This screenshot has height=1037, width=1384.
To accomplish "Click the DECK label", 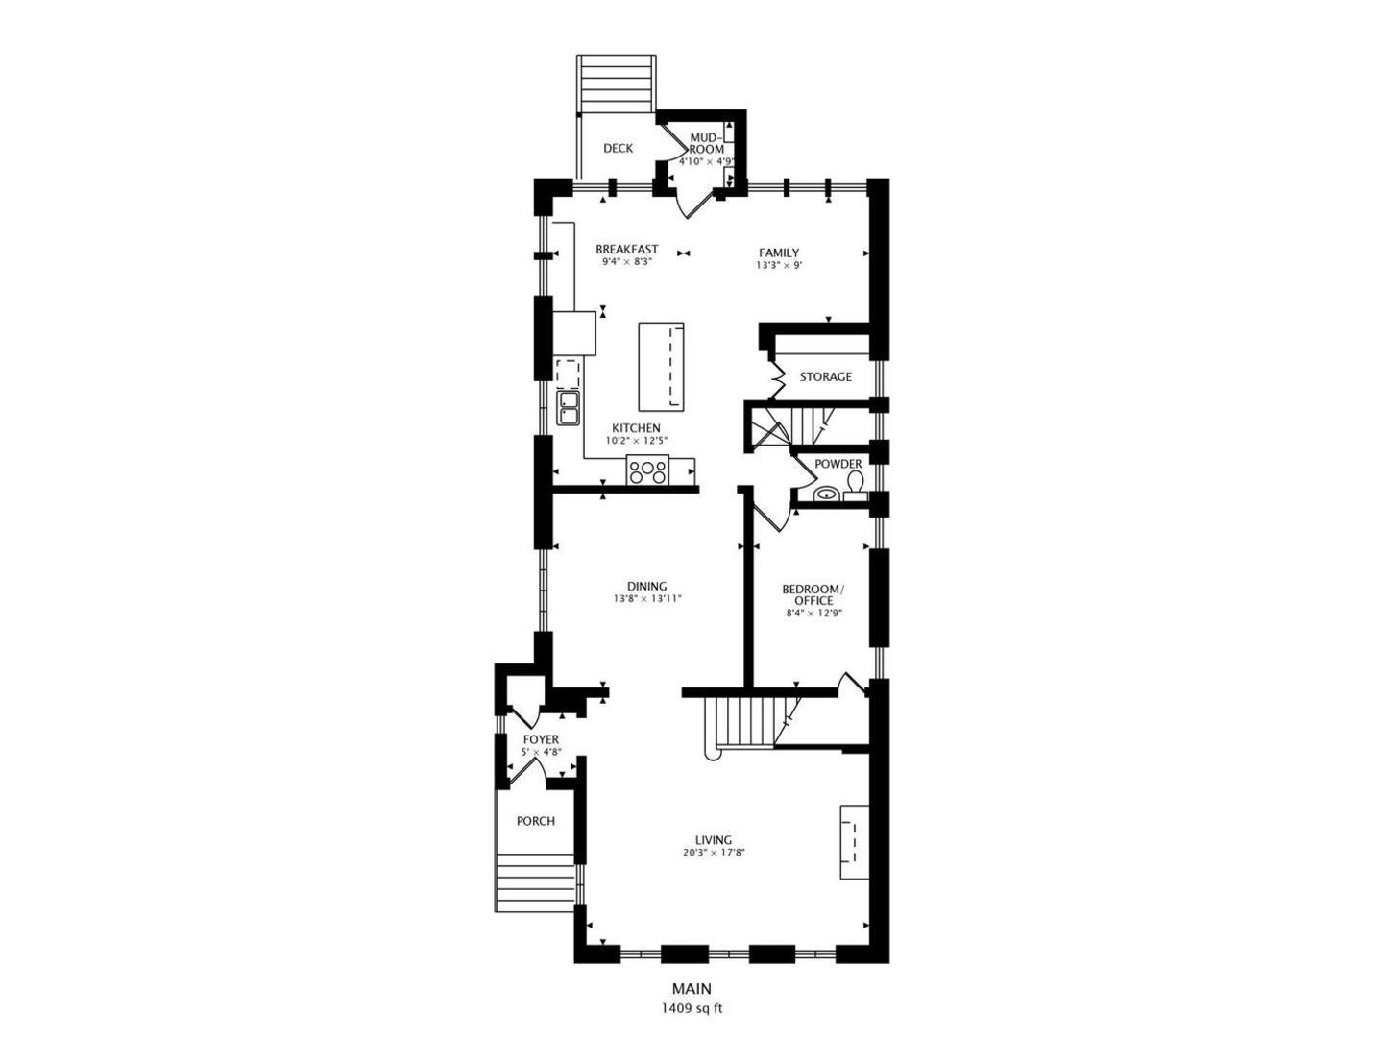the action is point(618,148).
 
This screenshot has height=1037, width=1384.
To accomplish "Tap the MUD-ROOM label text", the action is point(706,143).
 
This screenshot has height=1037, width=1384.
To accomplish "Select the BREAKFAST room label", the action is point(626,249).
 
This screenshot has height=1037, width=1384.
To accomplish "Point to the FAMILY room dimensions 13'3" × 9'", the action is point(779,265).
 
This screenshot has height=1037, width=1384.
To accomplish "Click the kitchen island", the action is point(661,367).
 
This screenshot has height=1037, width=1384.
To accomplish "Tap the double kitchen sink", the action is point(568,408).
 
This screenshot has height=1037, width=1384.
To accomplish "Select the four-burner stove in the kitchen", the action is point(647,471).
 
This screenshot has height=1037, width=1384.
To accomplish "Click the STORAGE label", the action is point(825,377).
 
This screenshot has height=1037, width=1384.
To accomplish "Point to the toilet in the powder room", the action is point(855,485).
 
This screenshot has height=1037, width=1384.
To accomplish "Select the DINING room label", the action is point(646,586).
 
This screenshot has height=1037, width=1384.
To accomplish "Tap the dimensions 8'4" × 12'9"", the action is point(814,613).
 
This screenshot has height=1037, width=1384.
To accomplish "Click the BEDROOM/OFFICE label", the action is point(813,595).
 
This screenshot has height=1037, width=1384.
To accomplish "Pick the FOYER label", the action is point(541,739).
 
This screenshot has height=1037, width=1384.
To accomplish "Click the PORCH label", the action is point(535,821).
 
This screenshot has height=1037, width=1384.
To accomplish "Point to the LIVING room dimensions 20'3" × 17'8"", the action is point(713,853).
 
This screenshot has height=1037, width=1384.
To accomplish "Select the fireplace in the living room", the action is point(853,841).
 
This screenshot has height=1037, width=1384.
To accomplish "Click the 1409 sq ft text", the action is point(692,1025).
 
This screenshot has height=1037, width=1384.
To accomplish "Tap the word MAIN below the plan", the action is point(692,1005).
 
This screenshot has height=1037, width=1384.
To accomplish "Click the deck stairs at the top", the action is point(616,84).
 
